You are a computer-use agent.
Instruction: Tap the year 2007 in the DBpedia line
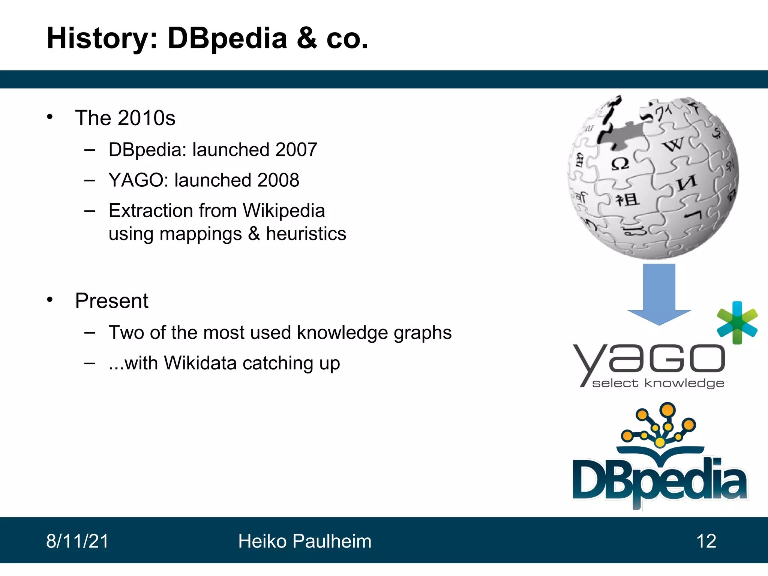(x=296, y=150)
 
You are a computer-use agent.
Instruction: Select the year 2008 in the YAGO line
(x=278, y=180)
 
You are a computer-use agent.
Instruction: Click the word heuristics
(x=306, y=234)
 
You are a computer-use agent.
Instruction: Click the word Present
(x=112, y=301)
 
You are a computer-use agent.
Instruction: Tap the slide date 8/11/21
(x=77, y=541)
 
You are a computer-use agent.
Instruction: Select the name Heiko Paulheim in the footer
(x=304, y=541)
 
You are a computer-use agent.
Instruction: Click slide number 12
(x=706, y=541)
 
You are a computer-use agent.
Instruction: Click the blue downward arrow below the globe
(x=659, y=294)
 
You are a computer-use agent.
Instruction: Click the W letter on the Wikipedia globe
(x=673, y=144)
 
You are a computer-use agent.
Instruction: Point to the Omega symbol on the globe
(x=620, y=164)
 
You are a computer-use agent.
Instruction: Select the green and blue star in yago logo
(x=737, y=322)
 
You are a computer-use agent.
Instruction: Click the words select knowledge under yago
(x=658, y=383)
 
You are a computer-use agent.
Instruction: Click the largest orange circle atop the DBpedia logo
(x=667, y=409)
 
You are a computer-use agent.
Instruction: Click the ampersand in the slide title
(x=307, y=38)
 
